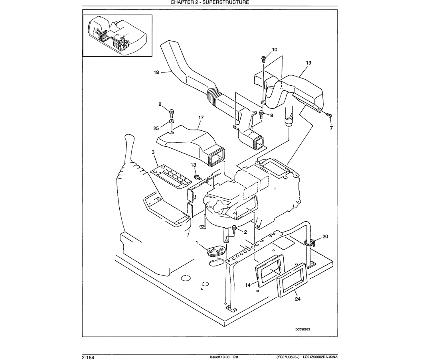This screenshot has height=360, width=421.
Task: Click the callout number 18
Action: pyautogui.click(x=156, y=73)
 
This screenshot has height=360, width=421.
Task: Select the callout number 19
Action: pyautogui.click(x=308, y=63)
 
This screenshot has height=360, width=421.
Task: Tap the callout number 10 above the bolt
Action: pyautogui.click(x=275, y=49)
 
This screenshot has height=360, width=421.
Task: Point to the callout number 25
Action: pyautogui.click(x=156, y=128)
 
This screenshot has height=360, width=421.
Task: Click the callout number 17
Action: pyautogui.click(x=201, y=118)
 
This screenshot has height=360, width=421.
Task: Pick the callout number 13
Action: pyautogui.click(x=193, y=165)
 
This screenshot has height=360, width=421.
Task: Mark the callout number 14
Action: pyautogui.click(x=248, y=285)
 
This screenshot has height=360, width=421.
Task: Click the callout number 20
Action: pyautogui.click(x=325, y=236)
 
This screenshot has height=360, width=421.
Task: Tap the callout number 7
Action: pyautogui.click(x=331, y=128)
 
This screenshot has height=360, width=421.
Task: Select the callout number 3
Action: pyautogui.click(x=153, y=152)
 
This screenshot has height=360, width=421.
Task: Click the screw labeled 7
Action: pyautogui.click(x=329, y=115)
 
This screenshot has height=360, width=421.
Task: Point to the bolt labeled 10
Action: pyautogui.click(x=264, y=59)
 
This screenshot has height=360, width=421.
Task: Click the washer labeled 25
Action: pyautogui.click(x=171, y=121)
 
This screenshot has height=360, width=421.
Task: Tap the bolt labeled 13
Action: pyautogui.click(x=197, y=176)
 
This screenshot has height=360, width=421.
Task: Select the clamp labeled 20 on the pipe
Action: pyautogui.click(x=310, y=242)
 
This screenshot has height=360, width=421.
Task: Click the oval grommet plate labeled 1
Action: pyautogui.click(x=216, y=250)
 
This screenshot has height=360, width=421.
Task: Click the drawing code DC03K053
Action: pyautogui.click(x=302, y=329)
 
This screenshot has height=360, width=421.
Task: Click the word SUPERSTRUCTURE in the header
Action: pyautogui.click(x=226, y=2)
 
